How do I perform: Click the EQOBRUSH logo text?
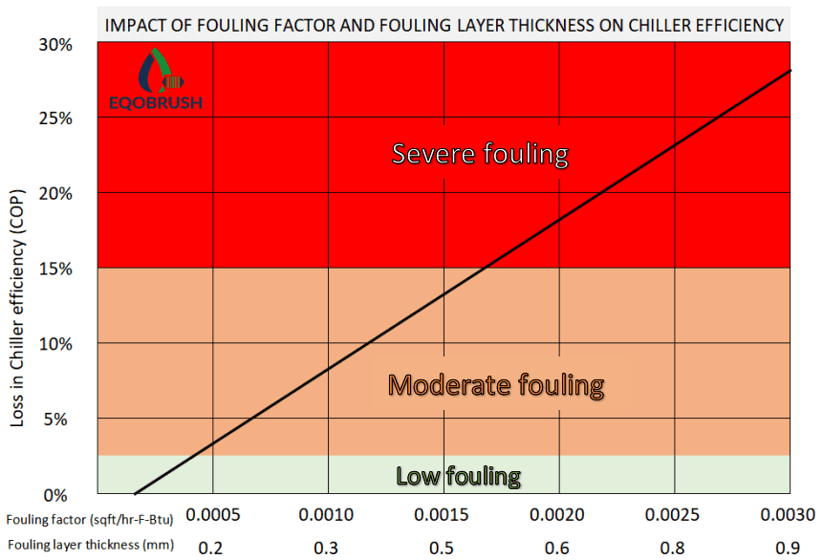(156, 102)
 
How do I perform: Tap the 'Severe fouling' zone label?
(480, 154)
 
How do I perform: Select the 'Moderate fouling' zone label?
(496, 385)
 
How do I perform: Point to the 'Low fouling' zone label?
(458, 476)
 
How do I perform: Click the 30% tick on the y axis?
(55, 45)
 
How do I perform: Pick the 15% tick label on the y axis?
(55, 269)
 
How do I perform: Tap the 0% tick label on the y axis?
(55, 495)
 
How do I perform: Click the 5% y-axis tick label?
(55, 420)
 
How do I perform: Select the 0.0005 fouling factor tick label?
(213, 515)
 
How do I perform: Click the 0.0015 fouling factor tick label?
(442, 515)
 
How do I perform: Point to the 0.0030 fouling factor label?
(788, 515)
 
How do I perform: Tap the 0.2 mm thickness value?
(210, 549)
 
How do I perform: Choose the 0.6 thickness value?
(557, 549)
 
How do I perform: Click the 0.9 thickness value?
(788, 549)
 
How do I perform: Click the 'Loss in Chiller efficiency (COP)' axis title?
(17, 308)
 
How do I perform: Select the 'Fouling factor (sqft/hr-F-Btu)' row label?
(90, 520)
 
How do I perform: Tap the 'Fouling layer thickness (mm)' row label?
(91, 545)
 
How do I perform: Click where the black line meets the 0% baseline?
(135, 493)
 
